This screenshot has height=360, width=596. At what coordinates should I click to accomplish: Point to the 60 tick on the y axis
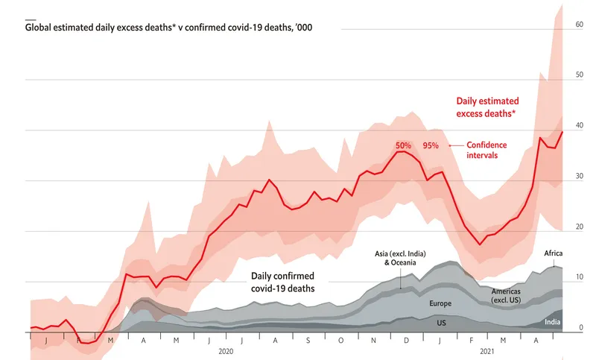point(578,25)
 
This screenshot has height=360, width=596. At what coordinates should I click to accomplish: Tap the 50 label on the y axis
point(578,75)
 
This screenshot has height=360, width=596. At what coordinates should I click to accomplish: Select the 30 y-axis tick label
point(578,177)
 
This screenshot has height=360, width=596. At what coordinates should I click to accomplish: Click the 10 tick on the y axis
point(578,277)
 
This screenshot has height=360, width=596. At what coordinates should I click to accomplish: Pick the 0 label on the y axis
point(580,328)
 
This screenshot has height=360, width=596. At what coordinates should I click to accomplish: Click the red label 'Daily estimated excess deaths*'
point(487,106)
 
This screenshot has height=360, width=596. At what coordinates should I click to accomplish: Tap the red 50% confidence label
point(403,145)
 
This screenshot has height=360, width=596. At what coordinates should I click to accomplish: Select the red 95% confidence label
point(431,145)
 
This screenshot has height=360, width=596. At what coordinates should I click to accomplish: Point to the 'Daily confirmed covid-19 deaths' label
point(282,281)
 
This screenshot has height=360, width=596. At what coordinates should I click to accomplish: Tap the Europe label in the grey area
point(440,304)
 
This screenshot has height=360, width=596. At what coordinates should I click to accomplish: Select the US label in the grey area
point(441,324)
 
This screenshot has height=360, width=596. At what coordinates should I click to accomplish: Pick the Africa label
point(554,253)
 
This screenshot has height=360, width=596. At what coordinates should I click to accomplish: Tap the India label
point(552,322)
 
